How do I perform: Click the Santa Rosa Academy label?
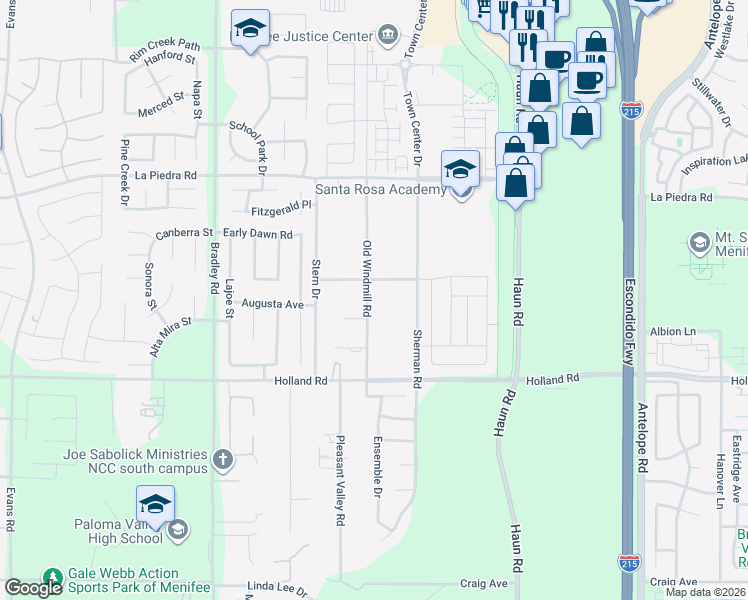(x=380, y=190)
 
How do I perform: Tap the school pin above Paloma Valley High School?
(x=155, y=505)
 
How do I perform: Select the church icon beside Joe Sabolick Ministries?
(x=222, y=461)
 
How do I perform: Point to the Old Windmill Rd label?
(x=367, y=279)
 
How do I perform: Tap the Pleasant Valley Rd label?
(x=340, y=480)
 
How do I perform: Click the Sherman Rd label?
(x=417, y=358)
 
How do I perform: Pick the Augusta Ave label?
(x=272, y=304)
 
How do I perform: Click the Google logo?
(x=33, y=589)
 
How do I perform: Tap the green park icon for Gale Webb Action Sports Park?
(x=52, y=578)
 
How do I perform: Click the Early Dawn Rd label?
(x=257, y=235)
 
